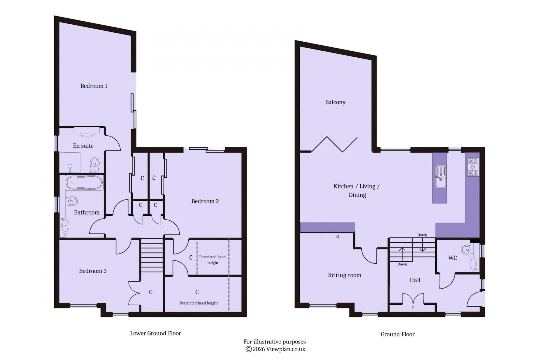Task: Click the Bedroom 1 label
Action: coord(94,86)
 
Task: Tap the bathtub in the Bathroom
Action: coord(85,183)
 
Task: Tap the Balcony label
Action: coord(335,102)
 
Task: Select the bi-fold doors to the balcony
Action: coord(334,144)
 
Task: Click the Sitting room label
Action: coord(344,275)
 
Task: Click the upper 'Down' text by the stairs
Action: coord(422,235)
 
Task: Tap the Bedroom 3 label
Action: coord(93,271)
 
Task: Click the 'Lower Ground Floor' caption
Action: coord(156,333)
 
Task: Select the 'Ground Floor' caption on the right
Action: coord(398,334)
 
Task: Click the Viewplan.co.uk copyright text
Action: coord(275,349)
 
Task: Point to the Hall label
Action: coord(415,280)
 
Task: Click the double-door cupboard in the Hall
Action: coord(413,300)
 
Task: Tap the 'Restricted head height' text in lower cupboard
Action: coord(199,303)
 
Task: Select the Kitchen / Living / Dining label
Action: coord(357,191)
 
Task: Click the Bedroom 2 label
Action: coord(205,201)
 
